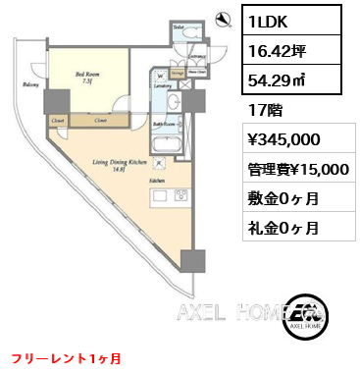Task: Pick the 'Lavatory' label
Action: [x=162, y=87]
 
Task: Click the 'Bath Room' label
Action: [x=161, y=124]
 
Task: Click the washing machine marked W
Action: [x=158, y=73]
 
